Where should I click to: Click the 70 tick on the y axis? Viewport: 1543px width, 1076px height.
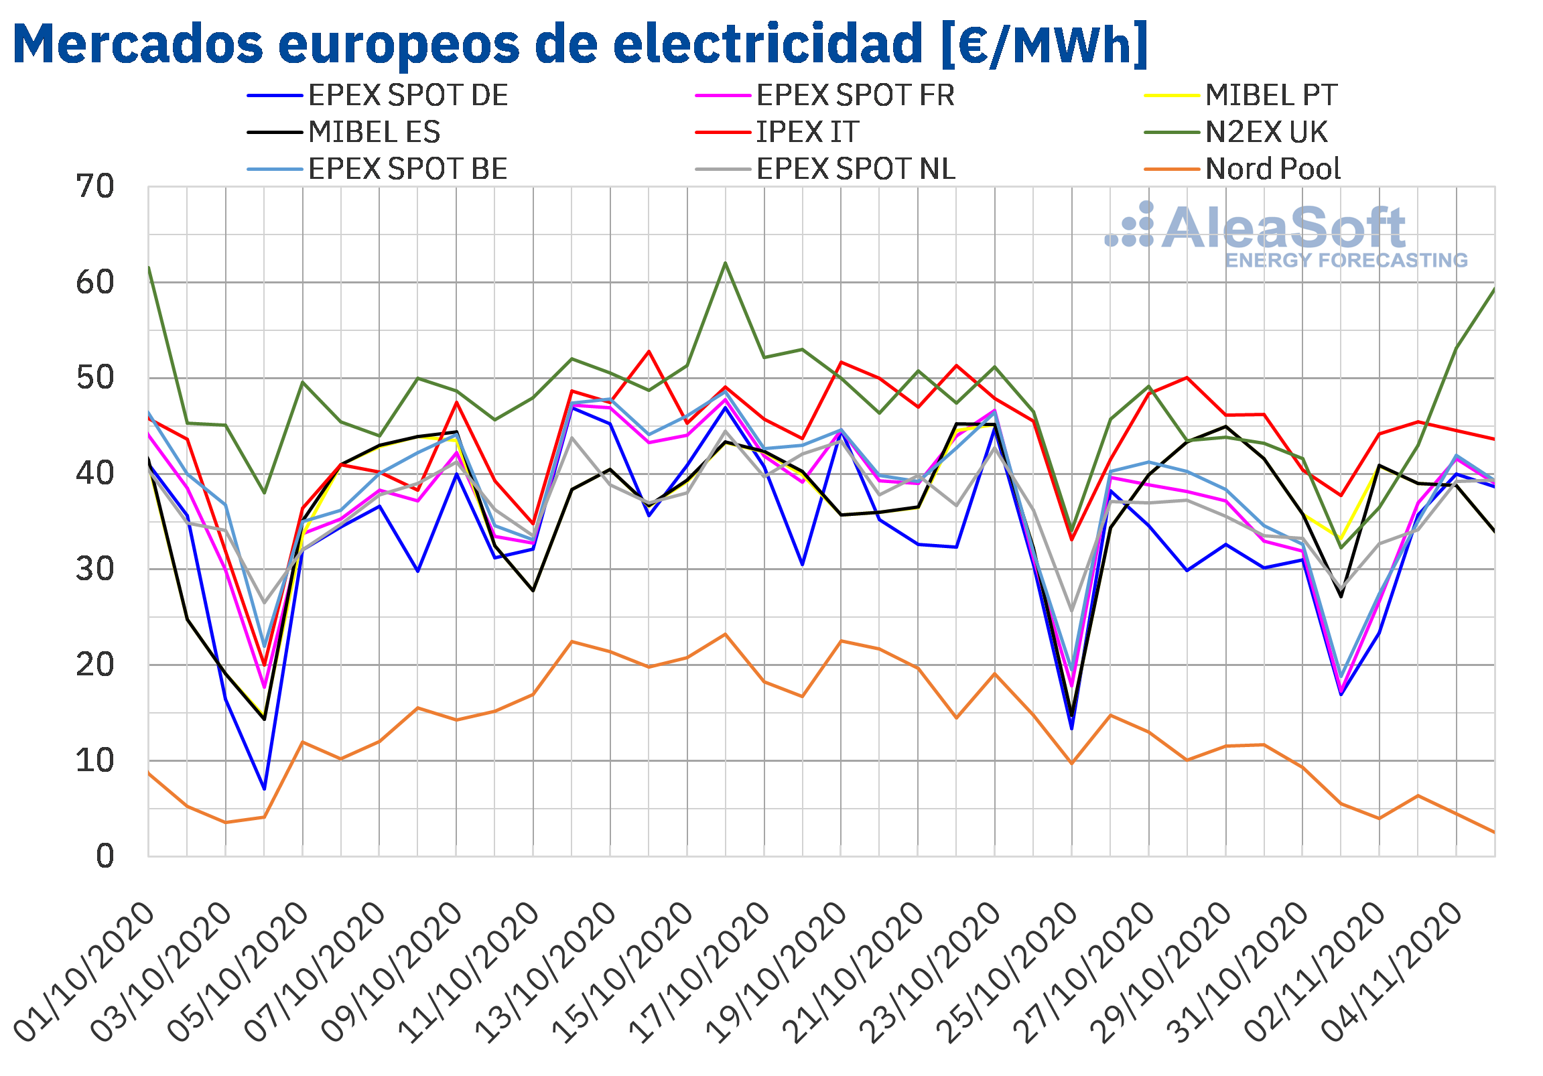95,187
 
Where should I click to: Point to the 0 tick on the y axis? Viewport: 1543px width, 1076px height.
105,856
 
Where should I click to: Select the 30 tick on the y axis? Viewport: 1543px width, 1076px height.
95,569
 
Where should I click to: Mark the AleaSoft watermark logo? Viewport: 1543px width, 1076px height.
1286,235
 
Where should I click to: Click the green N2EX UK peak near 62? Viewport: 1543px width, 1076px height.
725,263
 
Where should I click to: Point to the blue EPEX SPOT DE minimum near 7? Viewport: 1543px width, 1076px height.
265,789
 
